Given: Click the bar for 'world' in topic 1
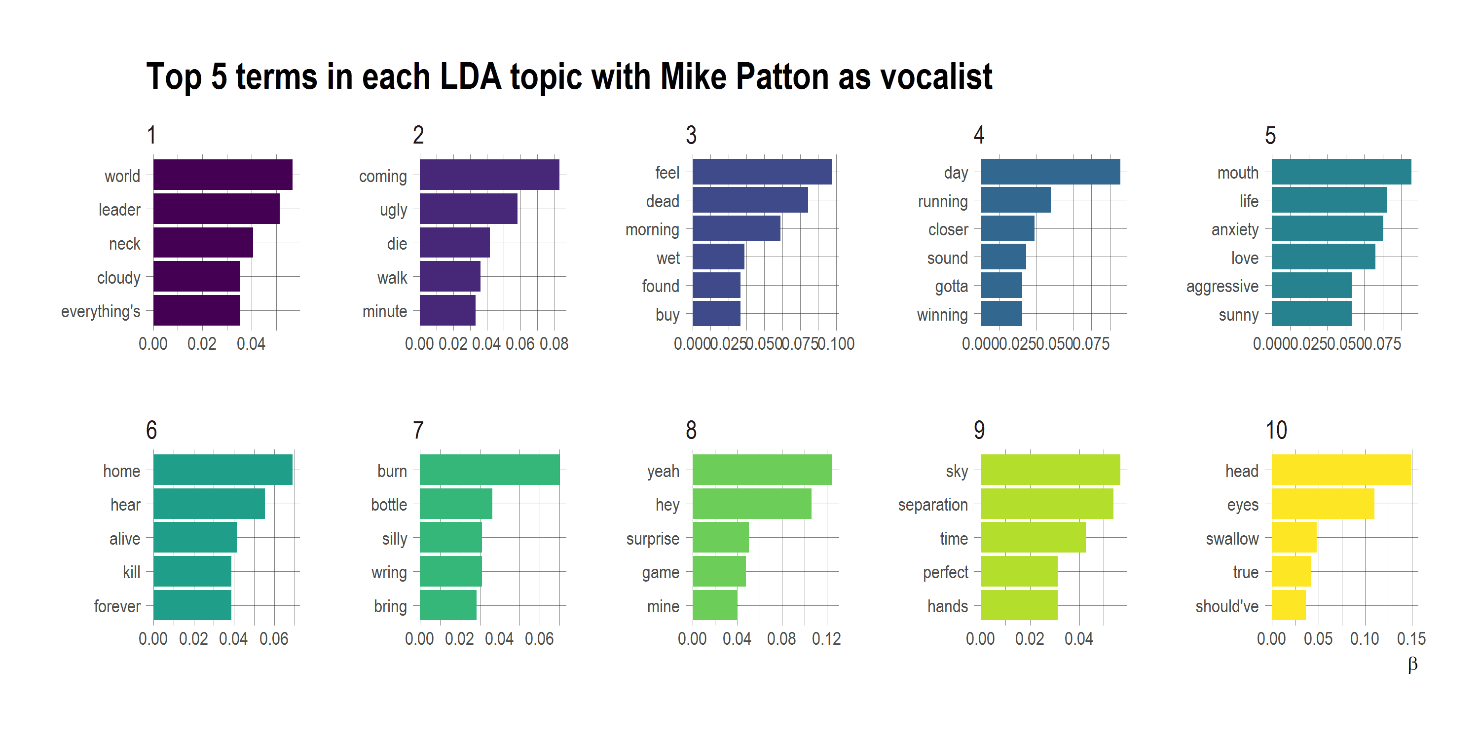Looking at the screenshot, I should (223, 175).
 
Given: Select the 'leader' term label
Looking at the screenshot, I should (119, 210).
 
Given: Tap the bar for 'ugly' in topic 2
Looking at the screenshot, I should (468, 209).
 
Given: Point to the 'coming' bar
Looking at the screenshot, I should (489, 175).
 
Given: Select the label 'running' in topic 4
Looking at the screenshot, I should (942, 202).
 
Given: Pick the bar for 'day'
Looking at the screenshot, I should (1050, 172).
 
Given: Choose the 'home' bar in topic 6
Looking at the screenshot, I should (223, 470).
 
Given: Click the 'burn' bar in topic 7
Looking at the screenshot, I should (489, 470).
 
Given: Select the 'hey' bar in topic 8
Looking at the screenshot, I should (751, 504).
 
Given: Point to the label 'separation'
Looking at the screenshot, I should (932, 505).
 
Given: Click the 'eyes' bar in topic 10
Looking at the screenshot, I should (1322, 504).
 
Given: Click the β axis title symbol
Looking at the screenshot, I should (1412, 664).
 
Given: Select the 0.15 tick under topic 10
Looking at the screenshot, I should (1411, 639).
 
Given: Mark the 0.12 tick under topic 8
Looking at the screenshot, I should (826, 639).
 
